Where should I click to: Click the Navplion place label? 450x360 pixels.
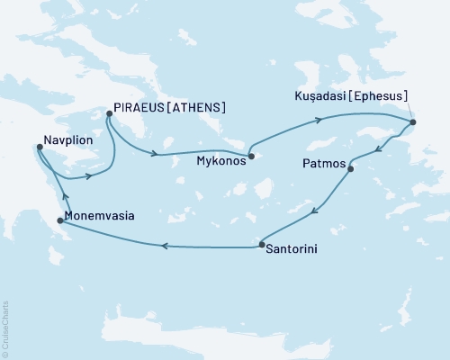(x=67, y=141)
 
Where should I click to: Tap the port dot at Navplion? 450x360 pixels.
(x=39, y=147)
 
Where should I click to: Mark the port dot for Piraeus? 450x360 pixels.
(x=109, y=113)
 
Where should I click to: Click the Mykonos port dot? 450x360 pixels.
(x=252, y=157)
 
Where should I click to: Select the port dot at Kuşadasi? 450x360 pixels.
(x=412, y=122)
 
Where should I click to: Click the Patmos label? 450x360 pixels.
(x=320, y=165)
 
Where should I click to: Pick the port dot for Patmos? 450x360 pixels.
(x=350, y=168)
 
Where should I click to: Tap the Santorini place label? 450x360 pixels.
(x=294, y=246)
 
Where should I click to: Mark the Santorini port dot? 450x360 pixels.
(x=261, y=244)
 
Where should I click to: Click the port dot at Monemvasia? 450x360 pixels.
(x=59, y=220)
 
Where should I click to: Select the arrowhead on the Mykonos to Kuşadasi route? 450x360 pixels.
(x=319, y=119)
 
